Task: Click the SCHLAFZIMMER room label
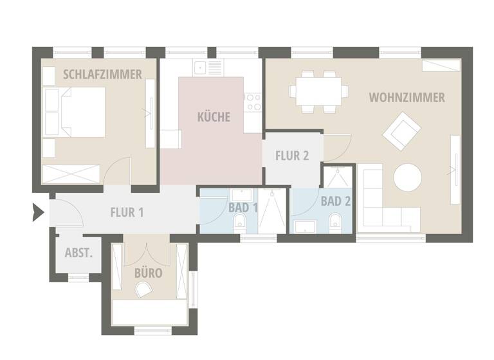pos(102,75)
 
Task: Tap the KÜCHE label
pos(214,118)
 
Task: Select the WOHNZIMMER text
pos(407,98)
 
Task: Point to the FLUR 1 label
pos(127,212)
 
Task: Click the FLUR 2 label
pos(292,156)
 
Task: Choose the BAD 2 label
pos(336,201)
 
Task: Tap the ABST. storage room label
pos(78,253)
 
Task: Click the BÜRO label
pos(148,273)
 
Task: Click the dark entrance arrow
pos(38,212)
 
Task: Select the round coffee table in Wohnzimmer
pos(408,177)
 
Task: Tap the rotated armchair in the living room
pos(399,130)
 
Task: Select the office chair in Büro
pos(143,291)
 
